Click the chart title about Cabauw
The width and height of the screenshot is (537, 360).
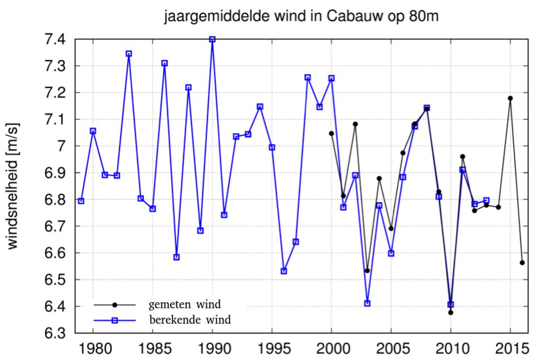click(301, 17)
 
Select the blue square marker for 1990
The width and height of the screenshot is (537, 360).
click(212, 39)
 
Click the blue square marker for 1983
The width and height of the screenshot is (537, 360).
click(129, 54)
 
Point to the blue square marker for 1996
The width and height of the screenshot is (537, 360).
click(284, 271)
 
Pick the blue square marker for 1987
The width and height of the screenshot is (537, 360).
click(177, 257)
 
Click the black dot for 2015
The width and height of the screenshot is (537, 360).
click(510, 98)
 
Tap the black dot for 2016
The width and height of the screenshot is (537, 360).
click(522, 262)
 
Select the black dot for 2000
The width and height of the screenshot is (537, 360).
click(331, 133)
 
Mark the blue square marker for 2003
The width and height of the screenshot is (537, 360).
click(367, 303)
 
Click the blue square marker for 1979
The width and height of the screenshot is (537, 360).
click(81, 201)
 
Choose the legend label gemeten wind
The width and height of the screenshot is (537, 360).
click(185, 304)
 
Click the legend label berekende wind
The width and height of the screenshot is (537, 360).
click(190, 320)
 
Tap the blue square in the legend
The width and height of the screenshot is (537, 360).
click(114, 321)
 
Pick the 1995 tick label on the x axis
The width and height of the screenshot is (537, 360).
click(272, 349)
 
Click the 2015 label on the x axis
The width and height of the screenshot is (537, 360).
click(510, 349)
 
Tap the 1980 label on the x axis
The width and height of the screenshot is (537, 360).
click(93, 349)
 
